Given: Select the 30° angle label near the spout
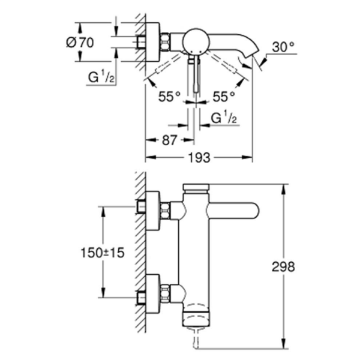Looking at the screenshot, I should [x=283, y=46].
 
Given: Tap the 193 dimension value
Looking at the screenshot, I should [x=200, y=158].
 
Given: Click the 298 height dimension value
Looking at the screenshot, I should [x=283, y=267].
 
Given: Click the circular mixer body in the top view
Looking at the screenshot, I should [x=195, y=41].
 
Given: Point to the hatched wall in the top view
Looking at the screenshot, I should [x=141, y=36].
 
